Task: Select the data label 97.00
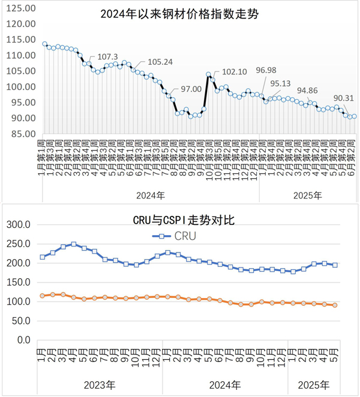pos(191,89)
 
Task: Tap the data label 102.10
pos(235,71)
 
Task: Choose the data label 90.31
pos(343,98)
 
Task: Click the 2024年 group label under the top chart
pos(151,195)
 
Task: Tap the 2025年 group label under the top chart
pos(308,195)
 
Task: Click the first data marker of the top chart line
pos(45,44)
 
